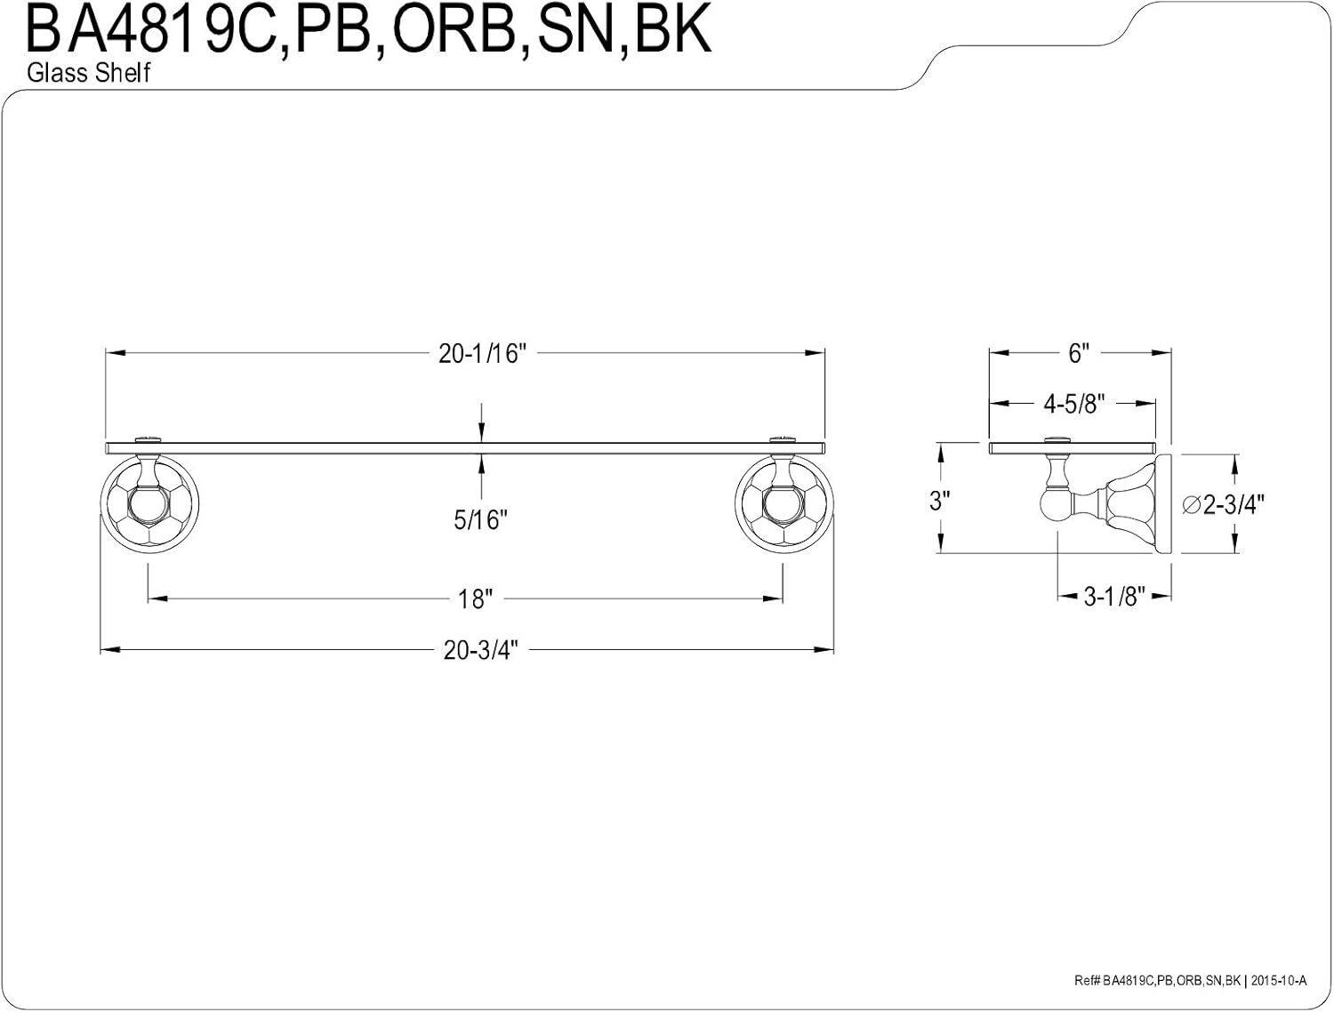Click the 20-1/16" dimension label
482,354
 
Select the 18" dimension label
475,599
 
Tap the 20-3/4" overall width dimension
481,651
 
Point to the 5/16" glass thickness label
480,520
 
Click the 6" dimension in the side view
1079,354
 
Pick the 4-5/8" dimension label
1074,404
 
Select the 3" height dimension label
939,502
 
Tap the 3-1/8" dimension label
1114,597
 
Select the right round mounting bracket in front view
784,506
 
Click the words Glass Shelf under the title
89,73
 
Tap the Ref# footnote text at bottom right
1190,981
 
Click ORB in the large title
454,30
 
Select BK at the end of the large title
672,30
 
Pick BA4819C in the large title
150,30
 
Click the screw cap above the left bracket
149,439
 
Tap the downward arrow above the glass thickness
481,422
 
